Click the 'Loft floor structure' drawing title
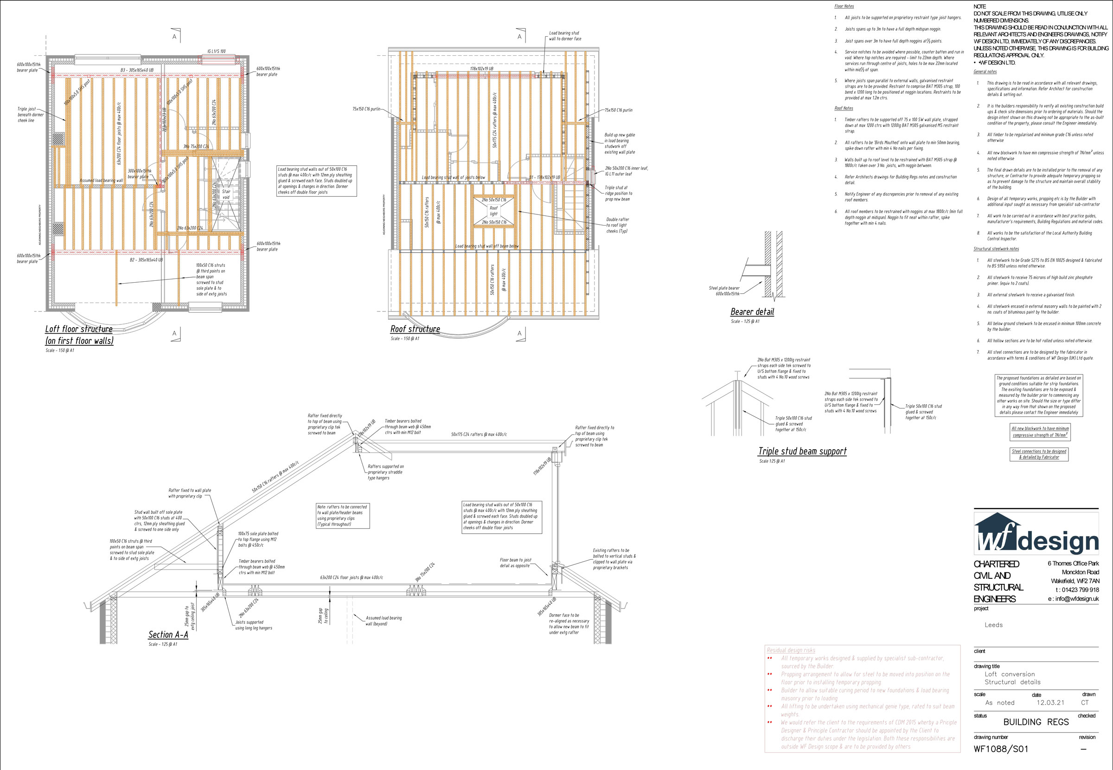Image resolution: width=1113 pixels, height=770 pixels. pyautogui.click(x=79, y=329)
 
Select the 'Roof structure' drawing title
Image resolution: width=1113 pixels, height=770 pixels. pyautogui.click(x=415, y=329)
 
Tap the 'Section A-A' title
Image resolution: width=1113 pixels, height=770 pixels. pyautogui.click(x=168, y=634)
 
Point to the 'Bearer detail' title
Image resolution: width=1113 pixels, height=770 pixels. pyautogui.click(x=752, y=312)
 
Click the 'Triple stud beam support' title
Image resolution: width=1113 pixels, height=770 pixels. pyautogui.click(x=802, y=451)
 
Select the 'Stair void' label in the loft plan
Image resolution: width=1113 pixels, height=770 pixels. pyautogui.click(x=226, y=194)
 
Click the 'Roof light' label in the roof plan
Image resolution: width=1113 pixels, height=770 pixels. pyautogui.click(x=493, y=211)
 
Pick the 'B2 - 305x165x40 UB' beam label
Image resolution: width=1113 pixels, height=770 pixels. pyautogui.click(x=146, y=260)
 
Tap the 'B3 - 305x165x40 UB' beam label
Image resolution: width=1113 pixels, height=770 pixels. pyautogui.click(x=137, y=71)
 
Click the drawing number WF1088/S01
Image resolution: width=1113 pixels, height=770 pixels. pyautogui.click(x=1001, y=749)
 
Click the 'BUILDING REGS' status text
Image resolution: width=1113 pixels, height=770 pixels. pyautogui.click(x=1036, y=722)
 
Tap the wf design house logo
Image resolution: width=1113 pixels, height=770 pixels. pyautogui.click(x=997, y=533)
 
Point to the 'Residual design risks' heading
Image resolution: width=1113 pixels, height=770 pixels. pyautogui.click(x=791, y=650)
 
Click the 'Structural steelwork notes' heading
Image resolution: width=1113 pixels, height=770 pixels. pyautogui.click(x=996, y=249)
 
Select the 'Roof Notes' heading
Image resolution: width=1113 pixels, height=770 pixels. pyautogui.click(x=844, y=108)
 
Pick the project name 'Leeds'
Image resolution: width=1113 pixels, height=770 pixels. pyautogui.click(x=993, y=625)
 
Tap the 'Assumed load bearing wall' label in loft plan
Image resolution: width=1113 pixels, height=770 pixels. pyautogui.click(x=101, y=181)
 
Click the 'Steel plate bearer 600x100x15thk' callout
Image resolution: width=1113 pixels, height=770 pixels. pyautogui.click(x=724, y=291)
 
